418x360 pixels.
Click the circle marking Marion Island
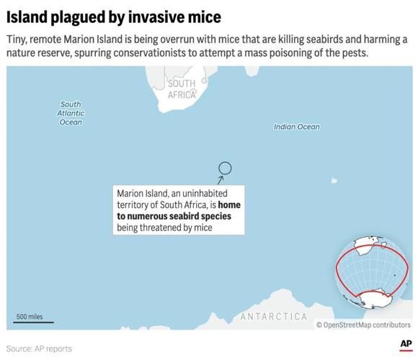[x=225, y=168]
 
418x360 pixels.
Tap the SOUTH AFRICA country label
[x=182, y=89]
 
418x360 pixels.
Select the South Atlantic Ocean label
[x=71, y=113]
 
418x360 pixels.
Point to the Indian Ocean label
[x=296, y=127]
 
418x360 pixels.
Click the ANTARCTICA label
[x=273, y=317]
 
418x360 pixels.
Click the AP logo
[x=405, y=344]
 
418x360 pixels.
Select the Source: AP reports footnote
[x=40, y=348]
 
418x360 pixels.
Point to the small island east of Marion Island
[x=334, y=181]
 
